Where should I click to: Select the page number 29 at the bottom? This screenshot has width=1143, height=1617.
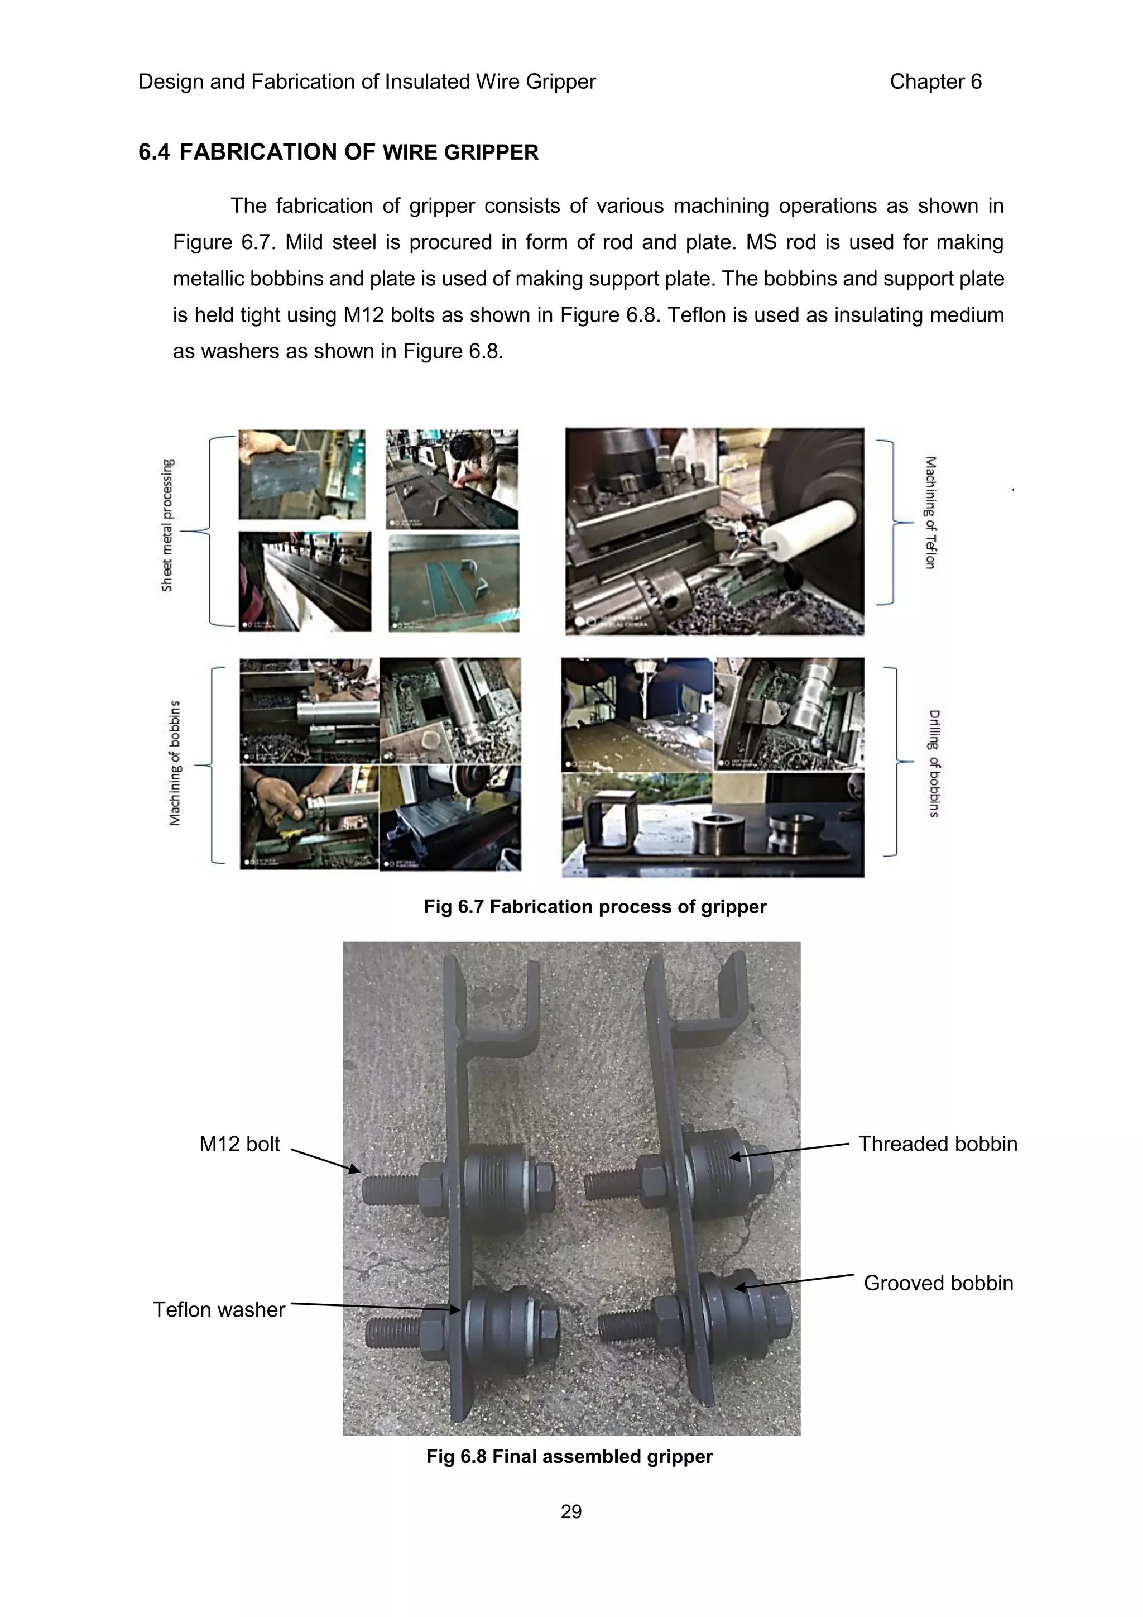pyautogui.click(x=571, y=1511)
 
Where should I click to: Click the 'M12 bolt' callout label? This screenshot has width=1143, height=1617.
pyautogui.click(x=239, y=1144)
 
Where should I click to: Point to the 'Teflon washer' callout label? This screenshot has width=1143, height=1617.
pyautogui.click(x=219, y=1309)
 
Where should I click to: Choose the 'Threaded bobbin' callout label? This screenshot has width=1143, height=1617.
pyautogui.click(x=938, y=1144)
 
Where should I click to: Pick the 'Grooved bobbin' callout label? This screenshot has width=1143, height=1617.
pyautogui.click(x=938, y=1283)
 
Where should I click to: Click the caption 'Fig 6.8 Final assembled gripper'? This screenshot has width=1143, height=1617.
pyautogui.click(x=569, y=1456)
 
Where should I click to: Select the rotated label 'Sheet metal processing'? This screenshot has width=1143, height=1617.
pyautogui.click(x=167, y=525)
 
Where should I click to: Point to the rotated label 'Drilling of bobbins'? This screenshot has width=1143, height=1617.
pyautogui.click(x=933, y=763)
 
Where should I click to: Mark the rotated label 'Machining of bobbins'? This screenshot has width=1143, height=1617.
pyautogui.click(x=175, y=763)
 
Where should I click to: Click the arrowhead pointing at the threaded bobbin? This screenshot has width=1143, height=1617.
pyautogui.click(x=733, y=1156)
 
